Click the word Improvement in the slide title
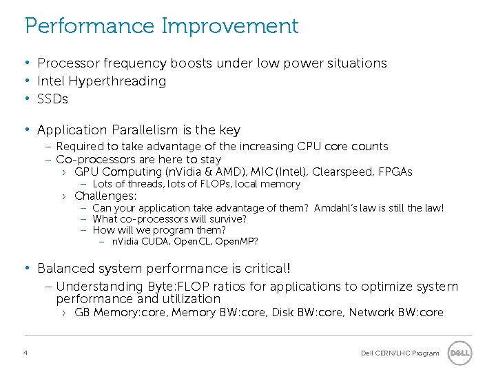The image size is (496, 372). (230, 27)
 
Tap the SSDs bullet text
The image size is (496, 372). (52, 99)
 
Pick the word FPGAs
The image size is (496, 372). (395, 172)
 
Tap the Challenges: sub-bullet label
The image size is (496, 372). (105, 196)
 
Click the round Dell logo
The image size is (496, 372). (459, 353)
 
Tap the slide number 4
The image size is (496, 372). (25, 353)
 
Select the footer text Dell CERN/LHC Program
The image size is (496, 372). (400, 353)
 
